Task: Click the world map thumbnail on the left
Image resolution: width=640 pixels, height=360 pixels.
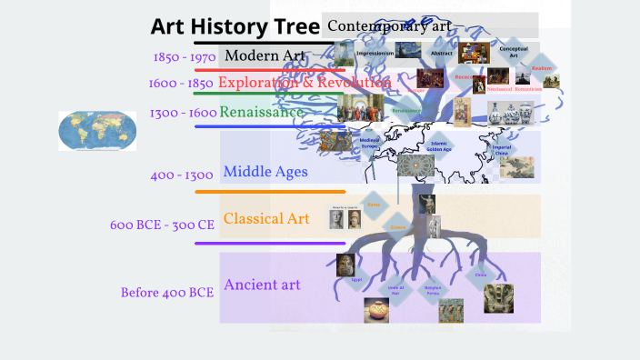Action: point(97,131)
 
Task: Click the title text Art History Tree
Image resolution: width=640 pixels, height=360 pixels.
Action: point(235,26)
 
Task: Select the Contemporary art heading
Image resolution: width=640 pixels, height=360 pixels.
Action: point(389,25)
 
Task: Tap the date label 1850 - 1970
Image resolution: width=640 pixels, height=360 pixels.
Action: point(185,56)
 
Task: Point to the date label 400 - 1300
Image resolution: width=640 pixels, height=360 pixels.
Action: point(182,175)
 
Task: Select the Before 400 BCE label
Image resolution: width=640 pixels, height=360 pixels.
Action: point(166,293)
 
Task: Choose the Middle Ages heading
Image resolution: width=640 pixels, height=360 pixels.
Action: point(265,171)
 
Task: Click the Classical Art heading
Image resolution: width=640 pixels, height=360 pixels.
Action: point(266,218)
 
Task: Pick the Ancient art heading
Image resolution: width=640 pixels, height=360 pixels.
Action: point(262,285)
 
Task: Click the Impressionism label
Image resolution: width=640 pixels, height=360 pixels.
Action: point(375,54)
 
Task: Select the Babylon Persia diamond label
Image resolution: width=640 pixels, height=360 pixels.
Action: point(433,289)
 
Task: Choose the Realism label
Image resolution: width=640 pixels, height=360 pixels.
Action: point(543,68)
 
